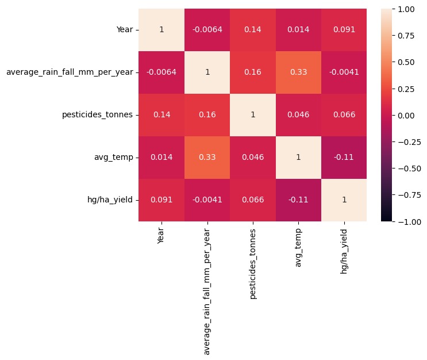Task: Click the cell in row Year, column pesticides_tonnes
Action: [x=252, y=30]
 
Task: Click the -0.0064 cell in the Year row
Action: [x=207, y=30]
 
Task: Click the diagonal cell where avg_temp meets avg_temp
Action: [x=298, y=157]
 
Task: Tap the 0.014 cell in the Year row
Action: [x=298, y=30]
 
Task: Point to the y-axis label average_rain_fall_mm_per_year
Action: [x=69, y=72]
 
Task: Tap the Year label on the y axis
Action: [x=125, y=30]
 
